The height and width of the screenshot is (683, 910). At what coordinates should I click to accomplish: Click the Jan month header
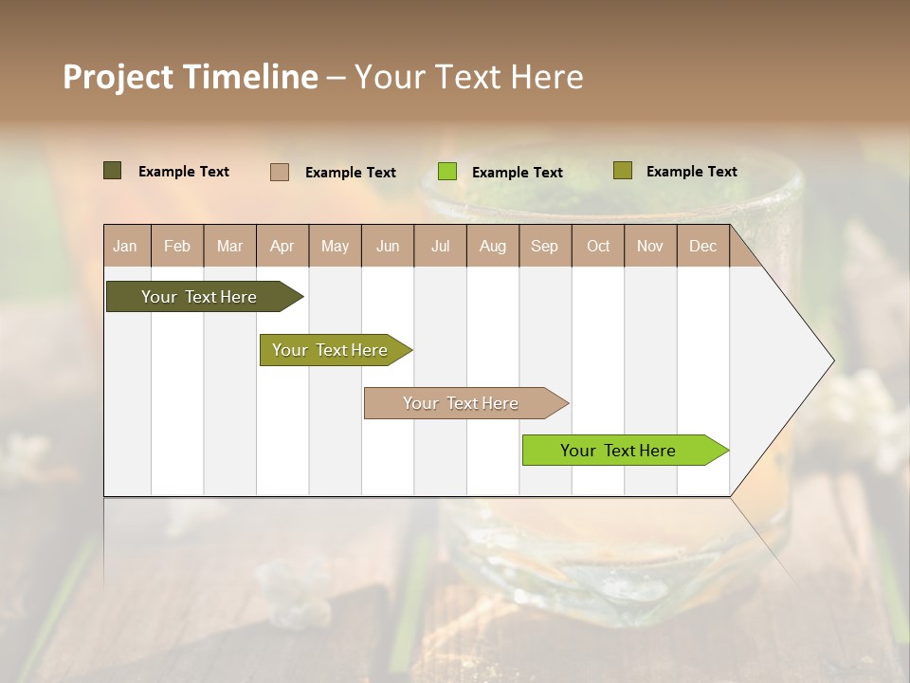click(x=126, y=246)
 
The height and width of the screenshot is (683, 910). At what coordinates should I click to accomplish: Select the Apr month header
click(x=282, y=246)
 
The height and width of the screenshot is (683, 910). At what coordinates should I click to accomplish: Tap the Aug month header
click(x=492, y=246)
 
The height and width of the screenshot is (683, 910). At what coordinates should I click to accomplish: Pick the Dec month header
click(x=702, y=246)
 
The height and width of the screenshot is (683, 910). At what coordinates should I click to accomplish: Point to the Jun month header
click(x=388, y=246)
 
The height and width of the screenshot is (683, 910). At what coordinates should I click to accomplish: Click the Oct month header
click(x=597, y=246)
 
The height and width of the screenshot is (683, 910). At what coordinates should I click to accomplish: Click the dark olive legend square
click(x=112, y=171)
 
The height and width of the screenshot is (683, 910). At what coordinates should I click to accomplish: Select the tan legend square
click(x=279, y=172)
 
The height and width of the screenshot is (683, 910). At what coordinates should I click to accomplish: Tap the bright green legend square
click(x=447, y=172)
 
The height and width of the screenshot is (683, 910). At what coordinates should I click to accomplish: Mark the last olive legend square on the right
click(x=622, y=171)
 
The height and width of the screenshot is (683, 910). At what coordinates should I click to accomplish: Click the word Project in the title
click(x=118, y=77)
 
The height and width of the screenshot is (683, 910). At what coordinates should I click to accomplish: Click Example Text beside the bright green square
click(x=517, y=173)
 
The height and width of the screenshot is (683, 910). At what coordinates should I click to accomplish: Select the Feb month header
click(x=177, y=246)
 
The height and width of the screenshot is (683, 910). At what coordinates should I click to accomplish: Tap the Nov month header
click(x=650, y=246)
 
